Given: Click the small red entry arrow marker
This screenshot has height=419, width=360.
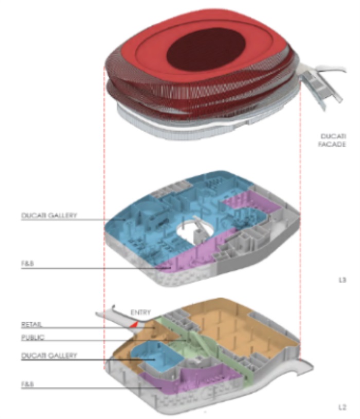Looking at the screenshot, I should pos(134,324).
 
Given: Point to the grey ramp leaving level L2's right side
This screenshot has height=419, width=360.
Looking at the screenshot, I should pos(293,368).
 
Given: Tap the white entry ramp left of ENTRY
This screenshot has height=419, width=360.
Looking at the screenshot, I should pos(111,315).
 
